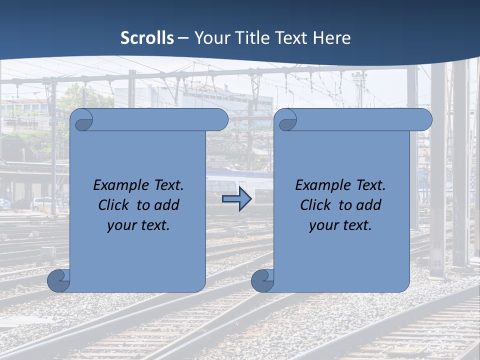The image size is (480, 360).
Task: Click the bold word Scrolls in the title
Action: [x=147, y=38]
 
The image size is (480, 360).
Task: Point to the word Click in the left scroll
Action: [x=114, y=205]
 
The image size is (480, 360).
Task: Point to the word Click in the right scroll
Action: [x=316, y=205]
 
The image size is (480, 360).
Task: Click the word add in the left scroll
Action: [x=167, y=205]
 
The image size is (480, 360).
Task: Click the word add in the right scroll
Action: [x=369, y=205]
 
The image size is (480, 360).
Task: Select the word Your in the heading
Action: [x=209, y=38]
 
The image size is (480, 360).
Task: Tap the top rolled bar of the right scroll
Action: [x=360, y=119]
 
